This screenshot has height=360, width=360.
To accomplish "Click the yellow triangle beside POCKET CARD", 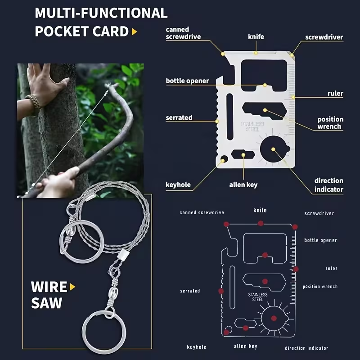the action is (x=134, y=31).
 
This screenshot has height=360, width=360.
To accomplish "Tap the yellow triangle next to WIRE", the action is (x=72, y=287).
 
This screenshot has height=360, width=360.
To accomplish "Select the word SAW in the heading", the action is (x=47, y=303).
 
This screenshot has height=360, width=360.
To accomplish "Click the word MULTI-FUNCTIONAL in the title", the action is (x=101, y=13).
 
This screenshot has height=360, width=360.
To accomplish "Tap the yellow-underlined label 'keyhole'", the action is (x=178, y=185).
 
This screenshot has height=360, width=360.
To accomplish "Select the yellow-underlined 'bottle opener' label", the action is (x=187, y=81).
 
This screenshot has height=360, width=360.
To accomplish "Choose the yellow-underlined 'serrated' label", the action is (x=179, y=117).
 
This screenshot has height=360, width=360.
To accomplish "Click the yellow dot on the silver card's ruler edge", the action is (x=293, y=97).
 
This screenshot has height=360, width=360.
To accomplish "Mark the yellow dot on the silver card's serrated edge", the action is (x=217, y=121).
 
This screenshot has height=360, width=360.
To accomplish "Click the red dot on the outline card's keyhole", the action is (x=226, y=332).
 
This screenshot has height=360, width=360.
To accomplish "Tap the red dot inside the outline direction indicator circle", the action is (x=274, y=318).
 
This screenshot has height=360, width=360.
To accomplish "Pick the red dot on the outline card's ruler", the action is (x=296, y=269).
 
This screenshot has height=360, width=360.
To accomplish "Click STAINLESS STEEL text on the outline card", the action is (x=258, y=297).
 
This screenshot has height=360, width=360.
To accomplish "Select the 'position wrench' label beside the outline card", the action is (x=320, y=286).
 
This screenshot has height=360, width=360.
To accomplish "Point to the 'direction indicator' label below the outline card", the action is (x=306, y=348).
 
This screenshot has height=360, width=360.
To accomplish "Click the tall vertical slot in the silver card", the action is (x=230, y=117).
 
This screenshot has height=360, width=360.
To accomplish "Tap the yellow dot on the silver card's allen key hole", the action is (x=243, y=155).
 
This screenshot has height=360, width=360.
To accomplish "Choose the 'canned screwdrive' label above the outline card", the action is (x=202, y=212).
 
